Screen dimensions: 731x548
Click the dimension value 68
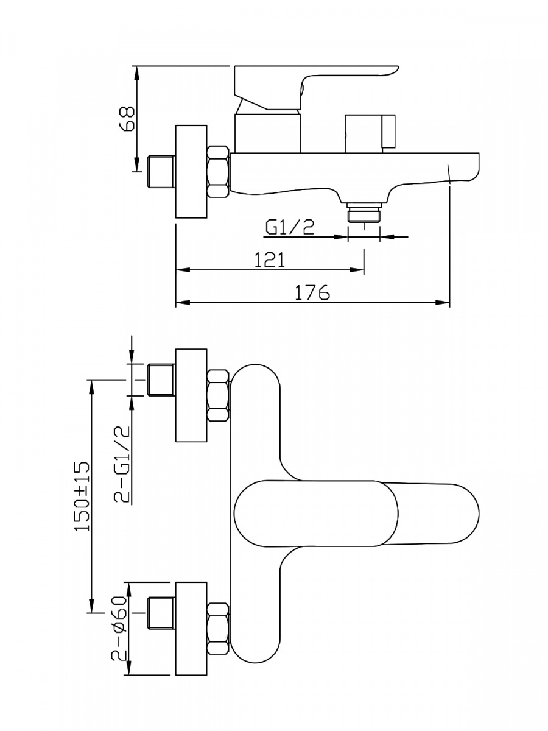coord(127,119)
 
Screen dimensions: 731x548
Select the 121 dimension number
coord(269,260)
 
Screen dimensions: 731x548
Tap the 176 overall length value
coord(312,293)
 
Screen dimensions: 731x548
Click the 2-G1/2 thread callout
coord(122,465)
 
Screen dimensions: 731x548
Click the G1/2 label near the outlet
coord(290,228)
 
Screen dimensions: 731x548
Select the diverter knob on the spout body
coord(368,132)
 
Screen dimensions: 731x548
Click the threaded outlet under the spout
coord(364,214)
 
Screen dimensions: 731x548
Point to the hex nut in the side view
coord(219,172)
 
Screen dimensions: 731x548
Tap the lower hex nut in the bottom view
coord(219,629)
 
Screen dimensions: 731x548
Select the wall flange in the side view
coord(191,172)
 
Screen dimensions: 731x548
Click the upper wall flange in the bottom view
coord(191,395)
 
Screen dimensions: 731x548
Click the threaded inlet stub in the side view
coord(161,172)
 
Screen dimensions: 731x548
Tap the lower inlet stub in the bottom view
coord(161,613)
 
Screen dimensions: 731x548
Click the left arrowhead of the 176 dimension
coord(181,302)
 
